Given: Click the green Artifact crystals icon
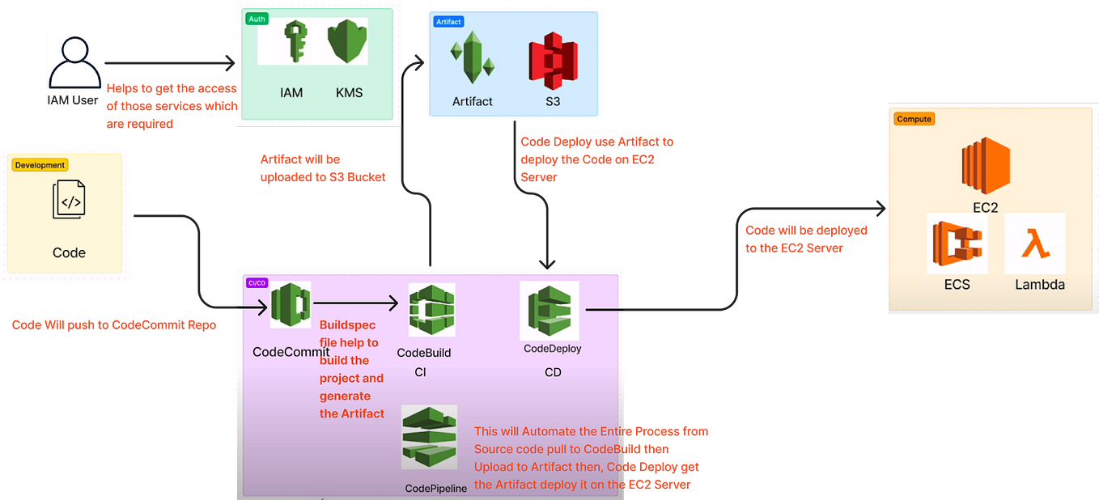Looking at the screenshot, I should [x=472, y=61].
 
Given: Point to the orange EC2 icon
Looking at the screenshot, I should [x=985, y=166].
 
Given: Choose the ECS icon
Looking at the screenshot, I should [x=957, y=244].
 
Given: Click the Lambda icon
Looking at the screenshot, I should [x=1034, y=244].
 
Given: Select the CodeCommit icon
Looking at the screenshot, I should [x=291, y=305].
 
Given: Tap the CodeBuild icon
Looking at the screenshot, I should [x=431, y=310].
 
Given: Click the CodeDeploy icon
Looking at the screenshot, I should [x=550, y=311].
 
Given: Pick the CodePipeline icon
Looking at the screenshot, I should [x=429, y=437].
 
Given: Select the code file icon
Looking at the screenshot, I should [x=69, y=200].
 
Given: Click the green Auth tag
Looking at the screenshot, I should [x=257, y=19].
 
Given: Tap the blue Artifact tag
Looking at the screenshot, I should [x=449, y=22].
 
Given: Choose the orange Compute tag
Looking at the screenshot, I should [x=914, y=119].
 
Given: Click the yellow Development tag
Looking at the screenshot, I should [x=40, y=165].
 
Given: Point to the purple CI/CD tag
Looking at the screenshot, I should [x=257, y=283].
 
